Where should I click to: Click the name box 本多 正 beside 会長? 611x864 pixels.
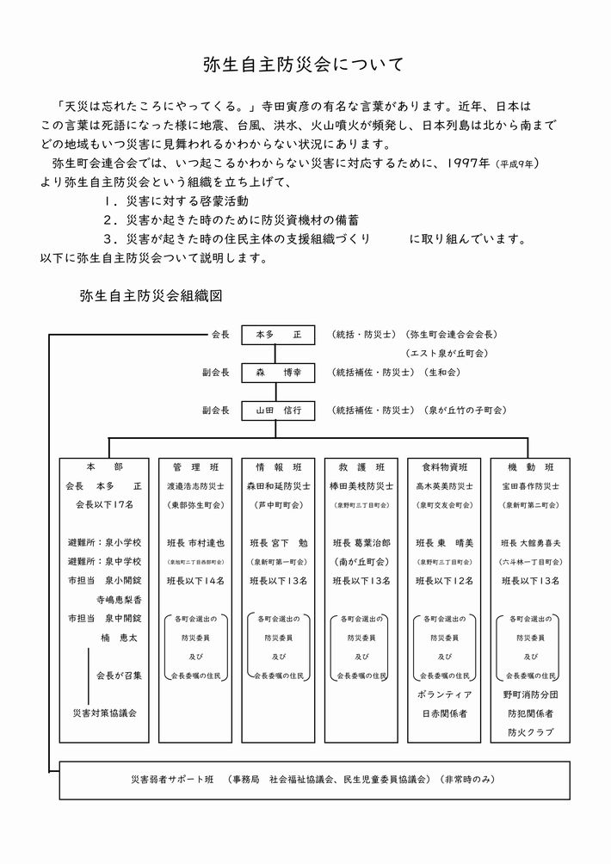click(273, 334)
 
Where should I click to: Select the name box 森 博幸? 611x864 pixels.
click(273, 373)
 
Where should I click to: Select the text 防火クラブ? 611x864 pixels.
click(525, 732)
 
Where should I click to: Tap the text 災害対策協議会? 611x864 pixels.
click(105, 713)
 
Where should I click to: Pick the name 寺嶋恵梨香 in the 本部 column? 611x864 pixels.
click(118, 599)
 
